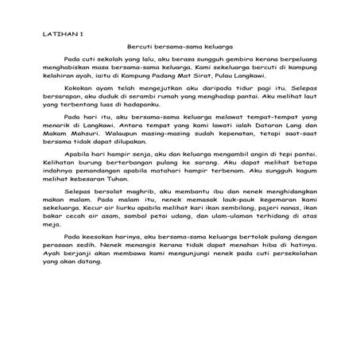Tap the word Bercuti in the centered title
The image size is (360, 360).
(x=142, y=48)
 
